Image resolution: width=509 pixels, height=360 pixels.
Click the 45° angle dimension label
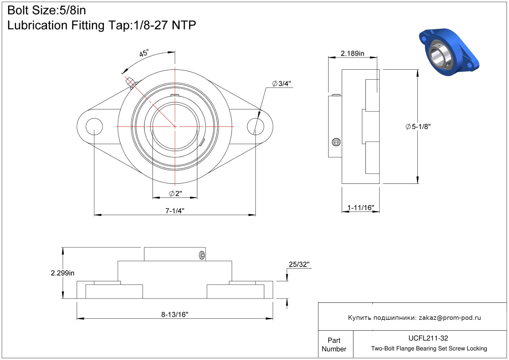click(x=144, y=53)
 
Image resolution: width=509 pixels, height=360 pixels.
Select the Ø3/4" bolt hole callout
click(x=281, y=84)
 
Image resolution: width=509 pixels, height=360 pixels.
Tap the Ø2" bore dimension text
click(x=176, y=193)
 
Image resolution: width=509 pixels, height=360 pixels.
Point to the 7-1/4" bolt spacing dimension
click(x=175, y=211)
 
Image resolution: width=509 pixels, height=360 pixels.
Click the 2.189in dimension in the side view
click(x=352, y=53)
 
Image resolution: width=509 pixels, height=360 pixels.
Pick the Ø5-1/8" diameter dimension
click(x=418, y=127)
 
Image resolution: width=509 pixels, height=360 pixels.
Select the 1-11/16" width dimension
click(x=361, y=207)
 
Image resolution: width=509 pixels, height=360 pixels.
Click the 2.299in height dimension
click(x=62, y=273)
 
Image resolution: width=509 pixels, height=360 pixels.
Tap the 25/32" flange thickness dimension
click(x=299, y=264)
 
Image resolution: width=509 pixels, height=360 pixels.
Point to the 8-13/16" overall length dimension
click(x=175, y=314)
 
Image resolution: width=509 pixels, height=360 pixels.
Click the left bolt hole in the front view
click(x=94, y=127)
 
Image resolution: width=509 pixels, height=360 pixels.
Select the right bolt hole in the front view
click(x=255, y=127)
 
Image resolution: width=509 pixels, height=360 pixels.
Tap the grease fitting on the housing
click(x=131, y=83)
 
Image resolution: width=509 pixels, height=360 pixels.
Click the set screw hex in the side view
click(x=336, y=142)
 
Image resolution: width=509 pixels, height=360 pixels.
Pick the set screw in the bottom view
click(x=202, y=255)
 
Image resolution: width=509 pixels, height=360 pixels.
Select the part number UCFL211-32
click(x=428, y=338)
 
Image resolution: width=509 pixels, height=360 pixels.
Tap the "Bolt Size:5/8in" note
click(x=47, y=10)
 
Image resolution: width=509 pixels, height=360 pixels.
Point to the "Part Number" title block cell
click(x=334, y=345)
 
